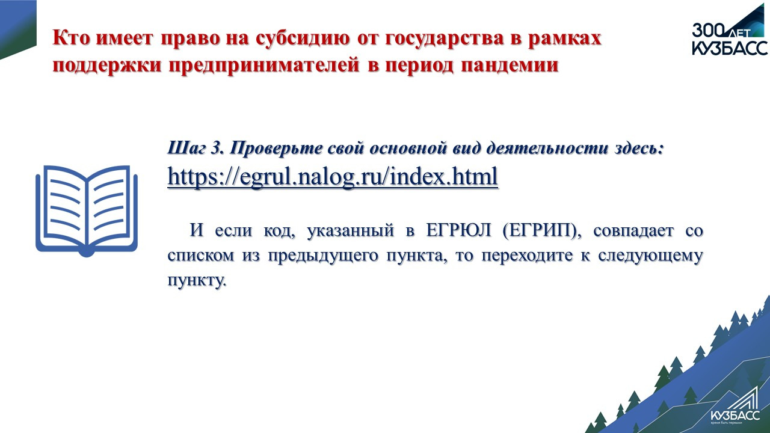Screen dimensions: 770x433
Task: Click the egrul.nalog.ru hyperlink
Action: [x=333, y=177]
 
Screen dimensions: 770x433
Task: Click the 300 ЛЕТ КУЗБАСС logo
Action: [x=730, y=31]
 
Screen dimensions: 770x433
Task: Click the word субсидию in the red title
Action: [x=303, y=38]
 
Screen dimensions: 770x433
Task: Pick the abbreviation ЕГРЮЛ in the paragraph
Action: [x=458, y=230]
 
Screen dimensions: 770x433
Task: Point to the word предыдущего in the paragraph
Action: [x=322, y=256]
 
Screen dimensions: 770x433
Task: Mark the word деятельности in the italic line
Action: [x=547, y=149]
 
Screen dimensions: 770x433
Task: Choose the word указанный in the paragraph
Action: [x=350, y=230]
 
